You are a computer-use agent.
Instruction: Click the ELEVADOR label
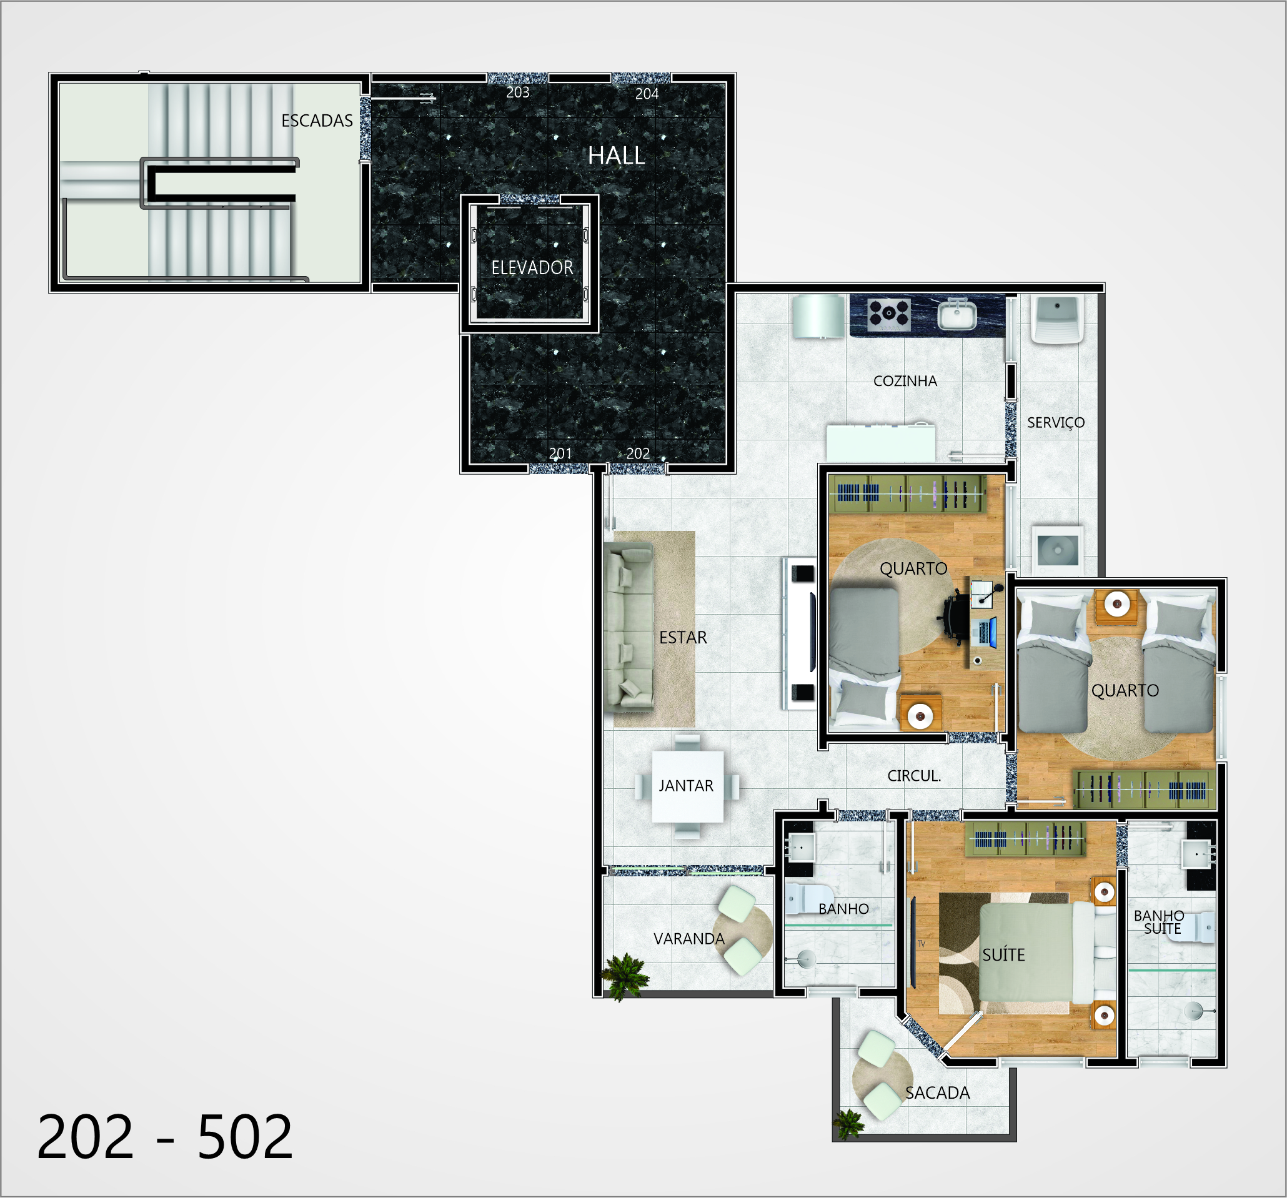pyautogui.click(x=532, y=267)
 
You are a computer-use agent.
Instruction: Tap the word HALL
pyautogui.click(x=616, y=156)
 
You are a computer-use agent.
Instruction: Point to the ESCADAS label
pyautogui.click(x=317, y=121)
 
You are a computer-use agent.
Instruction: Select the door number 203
pyautogui.click(x=518, y=92)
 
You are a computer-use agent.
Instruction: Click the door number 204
pyautogui.click(x=647, y=94)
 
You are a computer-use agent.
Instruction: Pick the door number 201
pyautogui.click(x=560, y=453)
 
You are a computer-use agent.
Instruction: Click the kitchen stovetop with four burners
pyautogui.click(x=889, y=314)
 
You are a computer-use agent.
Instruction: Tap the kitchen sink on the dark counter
pyautogui.click(x=957, y=315)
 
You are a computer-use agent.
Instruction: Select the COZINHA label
pyautogui.click(x=905, y=380)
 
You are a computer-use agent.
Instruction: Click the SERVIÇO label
pyautogui.click(x=1056, y=423)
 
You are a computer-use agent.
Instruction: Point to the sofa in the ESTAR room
pyautogui.click(x=629, y=628)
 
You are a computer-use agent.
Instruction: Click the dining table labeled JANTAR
pyautogui.click(x=687, y=786)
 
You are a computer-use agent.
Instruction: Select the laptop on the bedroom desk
pyautogui.click(x=984, y=631)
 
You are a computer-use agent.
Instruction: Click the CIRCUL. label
pyautogui.click(x=914, y=775)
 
